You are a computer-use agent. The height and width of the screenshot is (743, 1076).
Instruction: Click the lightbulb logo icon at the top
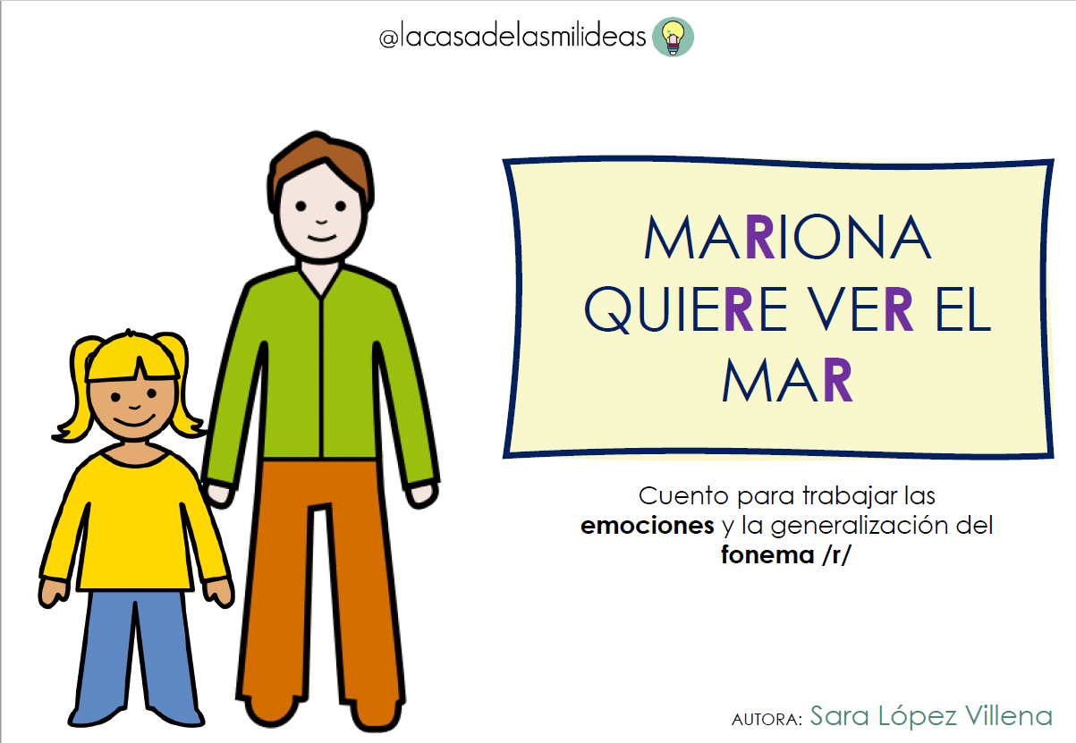(x=674, y=38)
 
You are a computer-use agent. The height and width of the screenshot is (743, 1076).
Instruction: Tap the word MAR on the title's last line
(x=787, y=382)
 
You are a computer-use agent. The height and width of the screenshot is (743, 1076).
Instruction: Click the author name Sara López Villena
(x=931, y=716)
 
